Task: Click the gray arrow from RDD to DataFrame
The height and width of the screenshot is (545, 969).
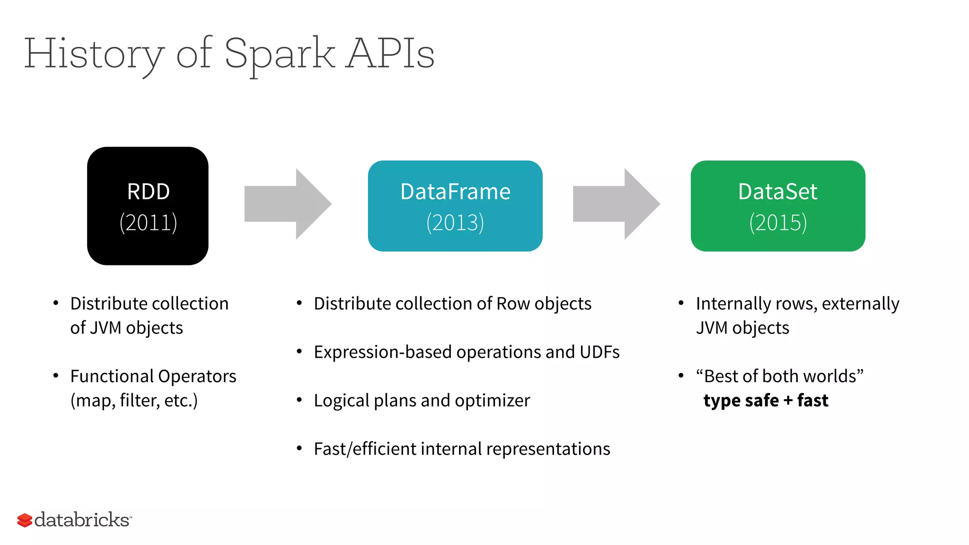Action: [288, 204]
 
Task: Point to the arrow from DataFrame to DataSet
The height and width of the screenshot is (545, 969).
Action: [616, 204]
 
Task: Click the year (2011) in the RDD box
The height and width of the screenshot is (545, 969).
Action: [148, 222]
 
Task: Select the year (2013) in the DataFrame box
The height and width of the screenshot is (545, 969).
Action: [455, 222]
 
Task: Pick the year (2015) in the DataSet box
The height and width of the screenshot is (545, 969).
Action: [778, 222]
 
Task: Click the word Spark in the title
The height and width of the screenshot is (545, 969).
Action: [279, 54]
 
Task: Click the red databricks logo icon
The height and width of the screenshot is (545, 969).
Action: [25, 520]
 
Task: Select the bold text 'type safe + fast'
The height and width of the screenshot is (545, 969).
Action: [766, 400]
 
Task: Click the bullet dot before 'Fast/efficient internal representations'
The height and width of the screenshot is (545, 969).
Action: [299, 448]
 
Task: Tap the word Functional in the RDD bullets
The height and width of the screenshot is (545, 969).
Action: [112, 376]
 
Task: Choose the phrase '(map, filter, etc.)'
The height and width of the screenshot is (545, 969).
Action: [134, 401]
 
